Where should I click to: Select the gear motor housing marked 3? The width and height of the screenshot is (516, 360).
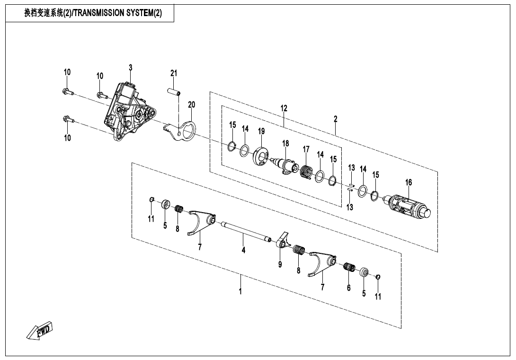point(128,111)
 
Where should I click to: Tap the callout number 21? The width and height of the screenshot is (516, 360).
point(174,73)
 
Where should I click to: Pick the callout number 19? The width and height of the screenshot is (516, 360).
point(261,131)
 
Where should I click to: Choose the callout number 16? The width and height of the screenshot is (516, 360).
point(409,182)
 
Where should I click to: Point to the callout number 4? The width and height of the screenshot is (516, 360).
point(243,250)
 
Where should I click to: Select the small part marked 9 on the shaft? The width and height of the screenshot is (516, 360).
point(283,241)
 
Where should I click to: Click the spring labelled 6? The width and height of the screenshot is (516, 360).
point(349,268)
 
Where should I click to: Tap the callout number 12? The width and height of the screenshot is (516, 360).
point(284,108)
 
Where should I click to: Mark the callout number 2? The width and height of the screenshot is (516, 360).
point(335,119)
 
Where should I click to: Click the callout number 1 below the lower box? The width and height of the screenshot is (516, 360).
point(240,291)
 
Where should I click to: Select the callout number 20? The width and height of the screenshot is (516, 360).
point(191,104)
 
